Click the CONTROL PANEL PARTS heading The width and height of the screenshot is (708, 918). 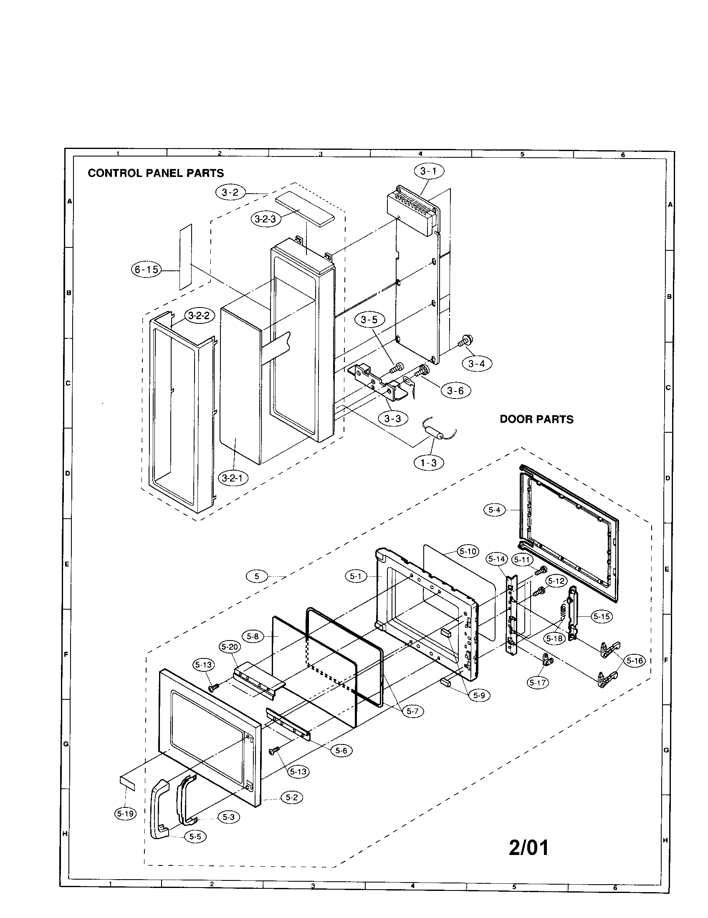click(x=156, y=173)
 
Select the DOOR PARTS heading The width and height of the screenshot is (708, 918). click(x=536, y=419)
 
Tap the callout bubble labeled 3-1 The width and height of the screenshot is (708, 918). click(x=428, y=171)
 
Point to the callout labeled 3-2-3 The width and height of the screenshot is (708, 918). click(x=266, y=219)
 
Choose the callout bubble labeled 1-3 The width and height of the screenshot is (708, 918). click(x=428, y=463)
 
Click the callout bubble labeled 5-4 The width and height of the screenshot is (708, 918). click(x=494, y=510)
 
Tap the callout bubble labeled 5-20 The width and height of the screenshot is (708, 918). click(x=230, y=647)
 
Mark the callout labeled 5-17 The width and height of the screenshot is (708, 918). click(x=538, y=683)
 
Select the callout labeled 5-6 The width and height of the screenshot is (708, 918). click(x=341, y=750)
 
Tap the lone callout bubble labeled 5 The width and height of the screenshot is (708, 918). click(x=257, y=576)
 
